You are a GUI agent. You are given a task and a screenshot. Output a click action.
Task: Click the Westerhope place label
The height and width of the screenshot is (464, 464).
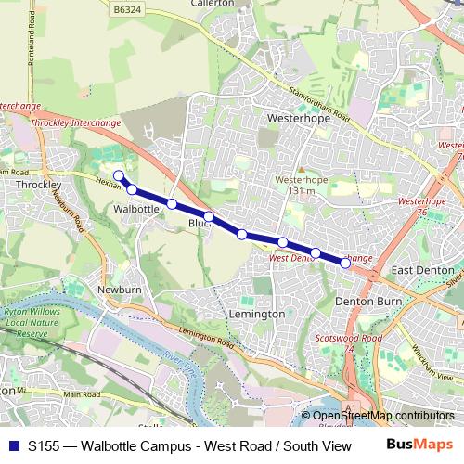coord(293,120)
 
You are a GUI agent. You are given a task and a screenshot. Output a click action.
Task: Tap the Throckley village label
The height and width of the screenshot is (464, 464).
coord(38,186)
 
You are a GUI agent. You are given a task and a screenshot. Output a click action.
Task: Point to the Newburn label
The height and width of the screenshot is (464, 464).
coord(121,290)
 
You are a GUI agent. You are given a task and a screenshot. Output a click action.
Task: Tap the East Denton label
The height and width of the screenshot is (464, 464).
coord(422,270)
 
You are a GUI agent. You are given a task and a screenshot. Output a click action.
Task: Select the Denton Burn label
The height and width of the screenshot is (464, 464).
coord(367,302)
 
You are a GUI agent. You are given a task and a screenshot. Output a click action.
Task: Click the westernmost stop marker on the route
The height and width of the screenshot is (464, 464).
coord(118,176)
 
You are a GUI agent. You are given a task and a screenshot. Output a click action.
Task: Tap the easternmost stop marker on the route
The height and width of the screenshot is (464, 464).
coord(346,264)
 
